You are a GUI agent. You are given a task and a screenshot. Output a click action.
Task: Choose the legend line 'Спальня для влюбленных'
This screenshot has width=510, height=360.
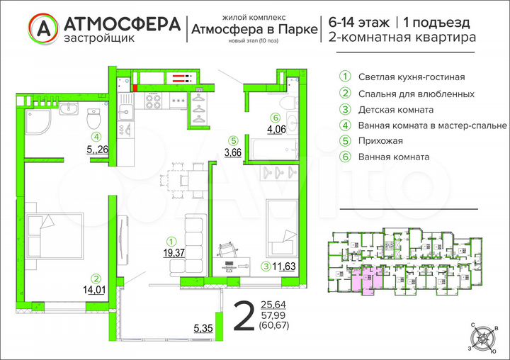pos(416,94)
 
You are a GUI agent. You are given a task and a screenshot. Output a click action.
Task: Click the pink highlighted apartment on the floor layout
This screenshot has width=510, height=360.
pos(366,279)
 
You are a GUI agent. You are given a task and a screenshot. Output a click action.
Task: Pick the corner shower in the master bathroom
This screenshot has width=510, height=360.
pos(38,125)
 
